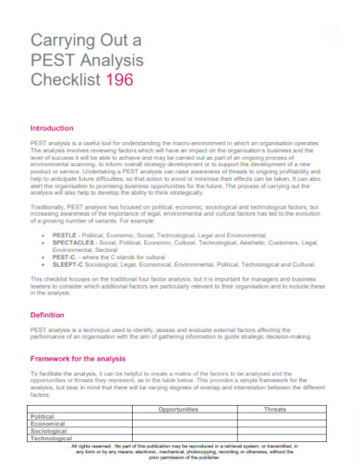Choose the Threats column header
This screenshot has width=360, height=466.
point(274,407)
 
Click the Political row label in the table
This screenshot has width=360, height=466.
point(45,415)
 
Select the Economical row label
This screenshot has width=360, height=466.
point(51,424)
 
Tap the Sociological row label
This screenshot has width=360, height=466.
point(52,431)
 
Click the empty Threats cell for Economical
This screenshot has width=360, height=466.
point(274,424)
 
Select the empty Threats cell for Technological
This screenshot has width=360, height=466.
point(274,438)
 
